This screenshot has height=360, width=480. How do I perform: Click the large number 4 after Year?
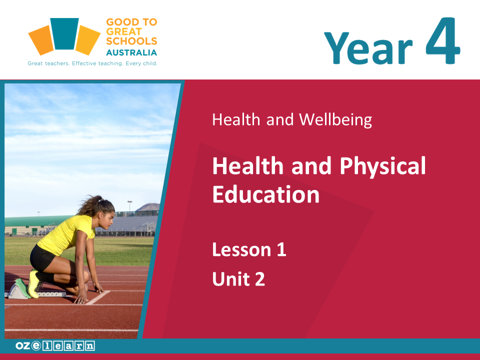[x=442, y=41]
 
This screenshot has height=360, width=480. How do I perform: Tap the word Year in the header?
[x=368, y=48]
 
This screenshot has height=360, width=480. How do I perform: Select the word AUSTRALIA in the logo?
[x=131, y=52]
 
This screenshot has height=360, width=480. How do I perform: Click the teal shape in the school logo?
[x=64, y=33]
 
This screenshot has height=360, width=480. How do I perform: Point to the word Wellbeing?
[x=335, y=119]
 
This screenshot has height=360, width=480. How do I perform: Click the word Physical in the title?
[x=382, y=166]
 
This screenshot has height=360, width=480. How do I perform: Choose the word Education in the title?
[x=266, y=194]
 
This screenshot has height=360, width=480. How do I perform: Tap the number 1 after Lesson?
[x=281, y=249]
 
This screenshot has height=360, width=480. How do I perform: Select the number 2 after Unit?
[x=260, y=279]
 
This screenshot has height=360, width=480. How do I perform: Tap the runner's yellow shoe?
[x=33, y=284]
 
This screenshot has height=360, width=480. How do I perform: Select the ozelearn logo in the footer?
[x=55, y=346]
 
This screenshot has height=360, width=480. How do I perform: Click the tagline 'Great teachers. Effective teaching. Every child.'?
[x=92, y=63]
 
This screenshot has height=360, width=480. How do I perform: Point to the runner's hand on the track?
[x=81, y=299]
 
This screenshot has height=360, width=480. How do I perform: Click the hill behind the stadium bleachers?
[x=147, y=207]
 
